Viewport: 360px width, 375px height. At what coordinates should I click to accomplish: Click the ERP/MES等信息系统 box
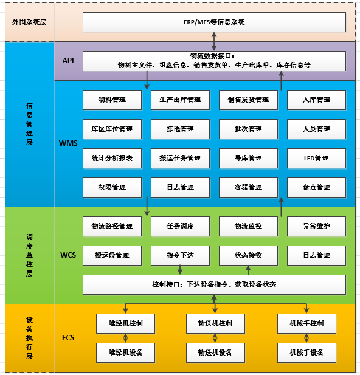[214, 22]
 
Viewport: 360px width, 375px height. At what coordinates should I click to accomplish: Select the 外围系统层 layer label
[29, 22]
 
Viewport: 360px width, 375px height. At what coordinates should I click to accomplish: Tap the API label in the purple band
[68, 61]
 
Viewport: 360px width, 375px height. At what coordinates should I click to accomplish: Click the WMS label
[68, 143]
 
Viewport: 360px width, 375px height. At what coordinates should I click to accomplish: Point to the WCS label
[68, 255]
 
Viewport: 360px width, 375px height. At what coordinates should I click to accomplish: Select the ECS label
[68, 338]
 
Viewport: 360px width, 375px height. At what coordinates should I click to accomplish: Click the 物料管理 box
[112, 100]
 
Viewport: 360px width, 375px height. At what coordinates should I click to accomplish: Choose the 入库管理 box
[316, 100]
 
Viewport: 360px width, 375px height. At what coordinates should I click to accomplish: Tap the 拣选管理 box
[180, 129]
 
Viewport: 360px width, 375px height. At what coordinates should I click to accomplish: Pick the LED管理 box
[316, 158]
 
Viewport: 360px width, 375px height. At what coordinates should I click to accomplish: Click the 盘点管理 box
[316, 187]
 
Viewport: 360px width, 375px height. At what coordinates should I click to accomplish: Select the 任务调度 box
[180, 227]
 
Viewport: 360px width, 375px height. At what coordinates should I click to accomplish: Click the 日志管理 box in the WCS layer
[316, 256]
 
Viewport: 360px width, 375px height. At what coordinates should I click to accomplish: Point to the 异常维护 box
[316, 227]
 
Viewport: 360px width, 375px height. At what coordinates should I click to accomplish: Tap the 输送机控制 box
[215, 323]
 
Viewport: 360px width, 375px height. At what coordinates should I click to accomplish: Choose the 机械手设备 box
[306, 353]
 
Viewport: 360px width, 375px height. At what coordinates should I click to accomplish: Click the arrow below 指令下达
[180, 270]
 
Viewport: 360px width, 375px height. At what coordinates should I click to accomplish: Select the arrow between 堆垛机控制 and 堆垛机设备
[125, 338]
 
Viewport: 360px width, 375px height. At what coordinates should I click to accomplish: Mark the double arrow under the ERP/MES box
[214, 41]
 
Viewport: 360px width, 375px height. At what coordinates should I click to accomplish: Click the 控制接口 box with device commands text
[214, 285]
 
